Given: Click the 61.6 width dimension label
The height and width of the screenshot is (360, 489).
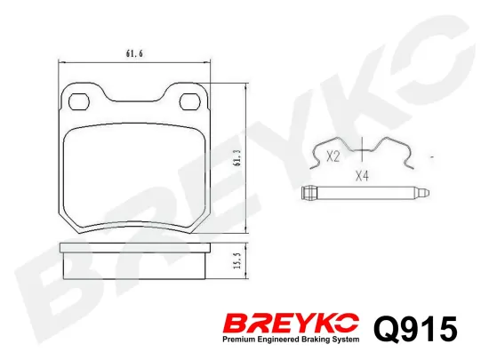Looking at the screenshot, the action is click(x=134, y=54).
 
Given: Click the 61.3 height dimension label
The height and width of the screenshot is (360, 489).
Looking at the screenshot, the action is click(x=238, y=157).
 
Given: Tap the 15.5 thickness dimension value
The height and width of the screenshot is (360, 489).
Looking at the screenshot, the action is click(x=238, y=260).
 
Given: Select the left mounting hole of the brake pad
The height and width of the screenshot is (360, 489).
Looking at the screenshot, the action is click(x=79, y=101).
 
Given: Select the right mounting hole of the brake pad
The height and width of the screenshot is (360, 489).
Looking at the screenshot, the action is click(x=190, y=101).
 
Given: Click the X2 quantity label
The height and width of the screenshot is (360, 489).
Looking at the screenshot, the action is click(x=333, y=156).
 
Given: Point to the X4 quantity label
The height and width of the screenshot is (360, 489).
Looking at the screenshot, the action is click(x=362, y=176).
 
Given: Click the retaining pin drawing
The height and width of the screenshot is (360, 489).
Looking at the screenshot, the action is click(x=365, y=192).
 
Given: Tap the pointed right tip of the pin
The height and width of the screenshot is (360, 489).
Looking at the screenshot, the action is click(x=429, y=192).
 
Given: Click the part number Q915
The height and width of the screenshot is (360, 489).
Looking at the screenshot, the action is click(x=416, y=329).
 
